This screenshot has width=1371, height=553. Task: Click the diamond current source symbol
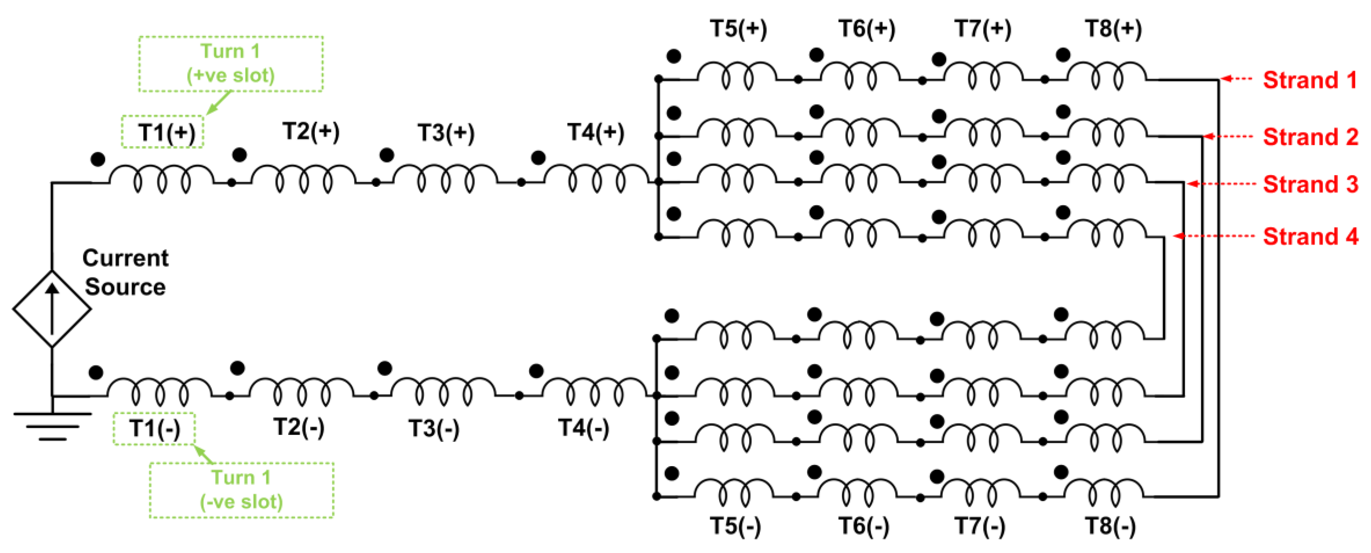pyautogui.click(x=52, y=309)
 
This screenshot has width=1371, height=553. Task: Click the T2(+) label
pyautogui.click(x=311, y=132)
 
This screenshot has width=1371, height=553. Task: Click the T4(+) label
pyautogui.click(x=595, y=132)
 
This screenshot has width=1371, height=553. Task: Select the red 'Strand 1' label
pyautogui.click(x=1310, y=80)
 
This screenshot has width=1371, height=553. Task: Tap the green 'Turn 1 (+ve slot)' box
pyautogui.click(x=230, y=64)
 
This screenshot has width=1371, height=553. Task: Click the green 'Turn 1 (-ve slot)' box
pyautogui.click(x=241, y=490)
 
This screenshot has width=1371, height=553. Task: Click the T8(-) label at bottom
pyautogui.click(x=1110, y=526)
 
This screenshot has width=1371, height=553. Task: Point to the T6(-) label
pyautogui.click(x=863, y=526)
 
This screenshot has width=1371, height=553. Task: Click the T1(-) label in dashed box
pyautogui.click(x=154, y=428)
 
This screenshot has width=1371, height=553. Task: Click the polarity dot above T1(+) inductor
pyautogui.click(x=98, y=159)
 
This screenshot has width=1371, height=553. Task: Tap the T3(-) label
pyautogui.click(x=433, y=428)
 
